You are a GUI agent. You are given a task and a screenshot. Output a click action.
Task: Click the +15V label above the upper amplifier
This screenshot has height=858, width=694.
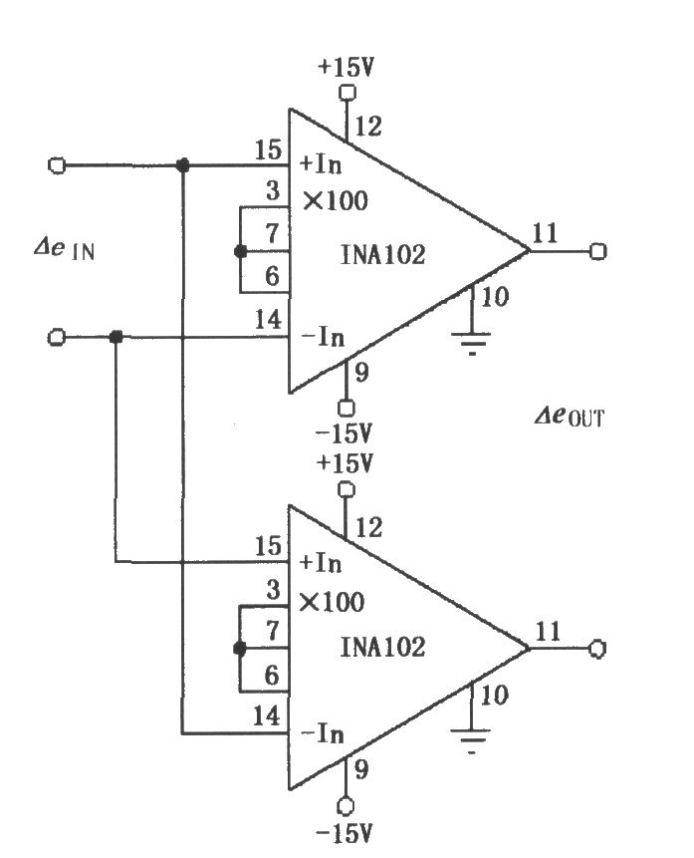(x=346, y=68)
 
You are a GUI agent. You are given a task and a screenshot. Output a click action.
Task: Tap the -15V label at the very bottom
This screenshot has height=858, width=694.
(x=344, y=833)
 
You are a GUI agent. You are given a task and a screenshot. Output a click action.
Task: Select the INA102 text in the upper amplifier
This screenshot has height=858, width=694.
(x=382, y=255)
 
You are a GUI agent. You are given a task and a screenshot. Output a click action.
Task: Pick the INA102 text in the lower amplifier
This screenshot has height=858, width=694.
(x=382, y=648)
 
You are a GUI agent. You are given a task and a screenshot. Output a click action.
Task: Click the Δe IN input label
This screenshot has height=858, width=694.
(x=64, y=249)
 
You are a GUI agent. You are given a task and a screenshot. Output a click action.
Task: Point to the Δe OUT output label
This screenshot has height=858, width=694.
(x=570, y=417)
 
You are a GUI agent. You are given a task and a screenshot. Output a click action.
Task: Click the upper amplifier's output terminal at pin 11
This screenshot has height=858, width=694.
(x=598, y=251)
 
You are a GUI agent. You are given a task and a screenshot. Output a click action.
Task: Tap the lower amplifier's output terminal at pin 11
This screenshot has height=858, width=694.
(x=597, y=649)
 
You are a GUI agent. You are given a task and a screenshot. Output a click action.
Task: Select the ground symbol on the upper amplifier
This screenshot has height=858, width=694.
(x=471, y=342)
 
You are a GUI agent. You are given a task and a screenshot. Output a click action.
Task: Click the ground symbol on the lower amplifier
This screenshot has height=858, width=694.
(x=471, y=739)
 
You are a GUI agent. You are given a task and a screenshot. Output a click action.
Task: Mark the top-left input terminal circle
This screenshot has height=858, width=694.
(x=57, y=164)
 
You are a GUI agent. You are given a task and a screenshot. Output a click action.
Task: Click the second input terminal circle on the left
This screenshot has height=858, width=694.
(x=57, y=337)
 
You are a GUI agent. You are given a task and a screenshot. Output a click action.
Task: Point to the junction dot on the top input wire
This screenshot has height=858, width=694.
(x=183, y=164)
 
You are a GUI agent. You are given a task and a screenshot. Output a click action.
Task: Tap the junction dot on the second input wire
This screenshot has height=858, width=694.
(x=116, y=337)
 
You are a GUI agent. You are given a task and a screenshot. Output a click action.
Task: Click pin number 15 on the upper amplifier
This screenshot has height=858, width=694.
(x=269, y=149)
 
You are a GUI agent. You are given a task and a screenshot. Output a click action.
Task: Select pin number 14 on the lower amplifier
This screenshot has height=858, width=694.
(x=267, y=715)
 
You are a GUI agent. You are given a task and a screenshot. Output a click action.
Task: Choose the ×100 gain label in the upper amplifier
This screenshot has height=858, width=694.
(x=336, y=201)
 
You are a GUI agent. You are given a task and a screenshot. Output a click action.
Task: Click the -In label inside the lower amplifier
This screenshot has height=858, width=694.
(x=323, y=733)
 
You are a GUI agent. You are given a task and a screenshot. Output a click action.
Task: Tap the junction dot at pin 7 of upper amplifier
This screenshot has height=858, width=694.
(x=240, y=252)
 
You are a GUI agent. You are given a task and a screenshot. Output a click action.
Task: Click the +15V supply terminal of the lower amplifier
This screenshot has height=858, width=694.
(x=347, y=489)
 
